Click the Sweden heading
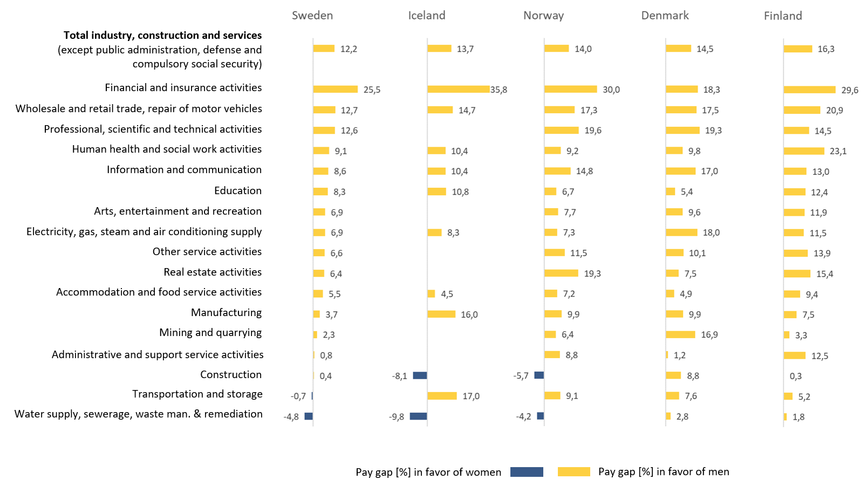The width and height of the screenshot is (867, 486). pyautogui.click(x=312, y=16)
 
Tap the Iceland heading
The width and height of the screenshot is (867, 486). pyautogui.click(x=426, y=16)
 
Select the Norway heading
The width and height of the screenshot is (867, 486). pyautogui.click(x=543, y=16)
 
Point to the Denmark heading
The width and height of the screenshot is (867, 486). pyautogui.click(x=665, y=16)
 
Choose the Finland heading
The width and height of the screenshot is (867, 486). pyautogui.click(x=782, y=16)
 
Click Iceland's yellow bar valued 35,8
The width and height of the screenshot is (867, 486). pyautogui.click(x=458, y=89)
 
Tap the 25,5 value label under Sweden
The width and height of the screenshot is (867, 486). pyautogui.click(x=372, y=90)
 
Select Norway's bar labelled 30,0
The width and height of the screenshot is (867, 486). pyautogui.click(x=570, y=89)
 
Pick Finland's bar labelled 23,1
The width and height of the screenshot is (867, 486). pyautogui.click(x=804, y=151)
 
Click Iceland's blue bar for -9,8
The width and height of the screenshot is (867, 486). pyautogui.click(x=418, y=416)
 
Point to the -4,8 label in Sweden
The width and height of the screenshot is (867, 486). pyautogui.click(x=291, y=417)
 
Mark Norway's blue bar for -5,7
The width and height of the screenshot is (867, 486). pyautogui.click(x=539, y=375)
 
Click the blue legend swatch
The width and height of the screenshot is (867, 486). pyautogui.click(x=527, y=472)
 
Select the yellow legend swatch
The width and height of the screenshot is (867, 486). pyautogui.click(x=574, y=472)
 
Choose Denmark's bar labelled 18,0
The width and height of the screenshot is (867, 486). pyautogui.click(x=681, y=232)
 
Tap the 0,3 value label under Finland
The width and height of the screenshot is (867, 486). pyautogui.click(x=795, y=376)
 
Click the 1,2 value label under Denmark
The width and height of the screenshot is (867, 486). pyautogui.click(x=679, y=355)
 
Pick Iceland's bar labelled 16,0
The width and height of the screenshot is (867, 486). pyautogui.click(x=441, y=314)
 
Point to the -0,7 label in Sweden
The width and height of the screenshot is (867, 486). pyautogui.click(x=298, y=396)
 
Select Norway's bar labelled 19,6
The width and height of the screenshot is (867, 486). pyautogui.click(x=561, y=130)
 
